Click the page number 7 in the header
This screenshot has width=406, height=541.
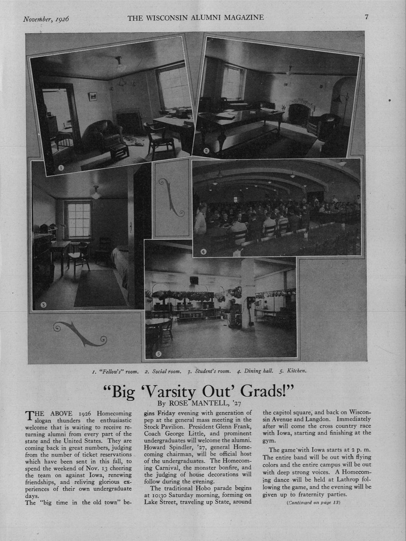tap(366, 17)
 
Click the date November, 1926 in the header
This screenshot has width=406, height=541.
tap(46, 18)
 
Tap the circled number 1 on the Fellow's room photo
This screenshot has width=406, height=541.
tap(61, 168)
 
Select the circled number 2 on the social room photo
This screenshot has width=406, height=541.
tap(207, 151)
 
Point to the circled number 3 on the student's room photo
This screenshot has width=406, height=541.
tap(44, 304)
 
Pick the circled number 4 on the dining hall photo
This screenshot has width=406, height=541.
tap(203, 251)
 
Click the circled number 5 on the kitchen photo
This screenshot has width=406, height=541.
tap(158, 353)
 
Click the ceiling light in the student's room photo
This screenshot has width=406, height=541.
tap(95, 192)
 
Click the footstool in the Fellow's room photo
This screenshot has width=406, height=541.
tap(118, 151)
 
